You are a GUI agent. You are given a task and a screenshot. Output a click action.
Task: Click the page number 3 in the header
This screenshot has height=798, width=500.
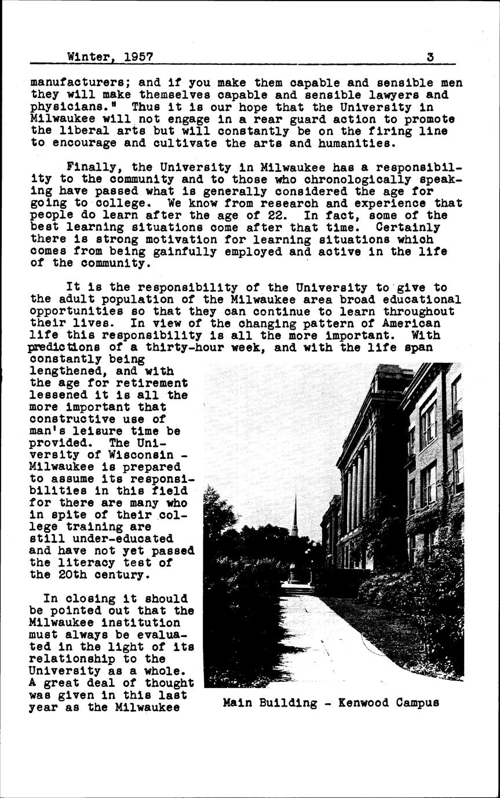coord(430,57)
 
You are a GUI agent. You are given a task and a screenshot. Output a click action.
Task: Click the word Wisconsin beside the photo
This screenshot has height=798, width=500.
coord(137,455)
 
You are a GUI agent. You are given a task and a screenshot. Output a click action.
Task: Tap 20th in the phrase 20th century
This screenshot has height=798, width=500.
coord(82,575)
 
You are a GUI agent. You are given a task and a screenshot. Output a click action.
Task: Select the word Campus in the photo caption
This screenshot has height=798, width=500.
coord(417,703)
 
